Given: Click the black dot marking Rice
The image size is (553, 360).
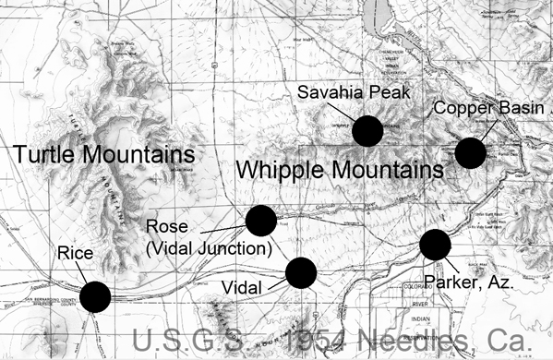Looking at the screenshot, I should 95,297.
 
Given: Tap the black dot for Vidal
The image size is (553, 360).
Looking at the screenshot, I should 301,273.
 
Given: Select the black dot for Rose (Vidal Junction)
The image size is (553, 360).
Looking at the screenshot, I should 261,221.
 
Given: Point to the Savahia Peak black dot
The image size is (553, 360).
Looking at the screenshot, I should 368,131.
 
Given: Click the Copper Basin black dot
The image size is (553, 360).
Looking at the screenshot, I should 470,152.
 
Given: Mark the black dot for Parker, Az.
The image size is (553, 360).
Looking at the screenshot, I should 435,245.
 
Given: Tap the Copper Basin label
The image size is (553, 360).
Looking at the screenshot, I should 496,108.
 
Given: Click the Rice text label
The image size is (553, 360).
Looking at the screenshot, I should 73,251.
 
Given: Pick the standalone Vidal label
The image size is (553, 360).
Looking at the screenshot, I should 243,286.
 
